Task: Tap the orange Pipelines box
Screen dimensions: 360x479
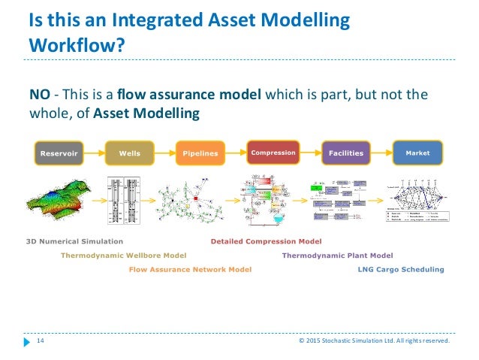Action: [x=200, y=153]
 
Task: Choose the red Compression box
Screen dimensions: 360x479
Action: [x=273, y=153]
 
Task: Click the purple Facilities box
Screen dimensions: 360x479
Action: [x=345, y=153]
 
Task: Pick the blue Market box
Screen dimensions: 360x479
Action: [x=417, y=153]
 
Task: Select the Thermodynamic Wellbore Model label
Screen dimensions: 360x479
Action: [x=123, y=255]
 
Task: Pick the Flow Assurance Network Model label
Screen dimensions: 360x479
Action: [x=190, y=268]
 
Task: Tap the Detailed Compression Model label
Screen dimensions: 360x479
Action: [x=266, y=241]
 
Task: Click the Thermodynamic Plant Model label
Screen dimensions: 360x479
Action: [x=337, y=255]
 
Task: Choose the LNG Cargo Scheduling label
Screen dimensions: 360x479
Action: [x=400, y=268]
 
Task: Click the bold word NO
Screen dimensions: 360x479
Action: [x=39, y=95]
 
